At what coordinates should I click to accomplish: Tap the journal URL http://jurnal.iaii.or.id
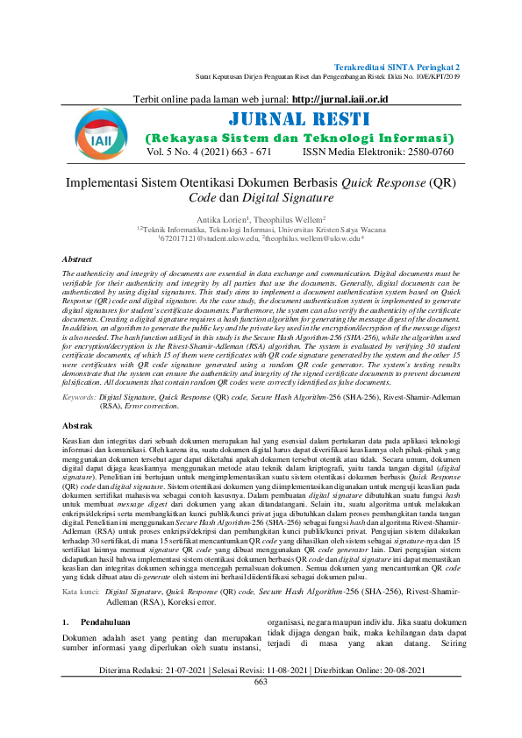click(340, 99)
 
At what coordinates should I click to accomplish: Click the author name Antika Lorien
click(223, 218)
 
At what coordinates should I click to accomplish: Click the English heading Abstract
click(80, 259)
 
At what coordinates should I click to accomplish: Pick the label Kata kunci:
click(82, 567)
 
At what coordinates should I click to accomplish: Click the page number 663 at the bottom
click(261, 681)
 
